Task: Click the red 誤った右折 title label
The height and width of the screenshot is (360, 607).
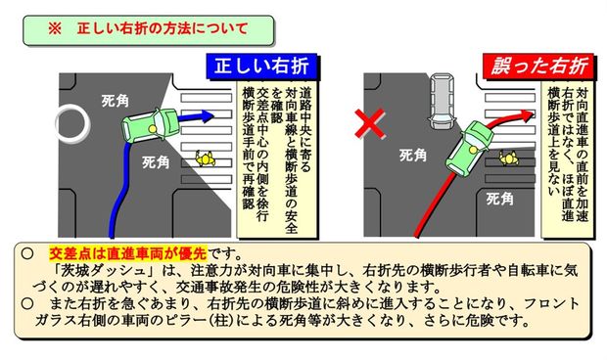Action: tap(535, 67)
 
